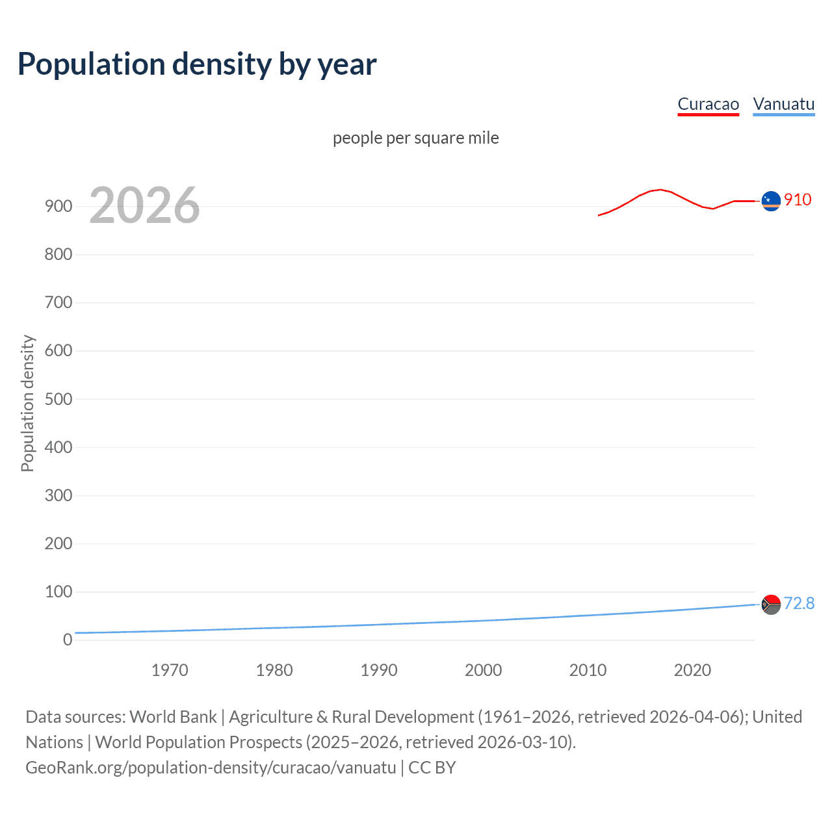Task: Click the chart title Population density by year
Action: click(x=197, y=64)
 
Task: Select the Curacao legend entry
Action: click(x=708, y=104)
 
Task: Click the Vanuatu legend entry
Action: click(x=783, y=104)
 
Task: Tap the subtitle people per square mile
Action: click(x=415, y=138)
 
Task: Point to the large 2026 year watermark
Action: click(x=144, y=205)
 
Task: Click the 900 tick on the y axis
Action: click(x=58, y=207)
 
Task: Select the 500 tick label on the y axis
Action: click(x=58, y=399)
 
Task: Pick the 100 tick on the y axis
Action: click(x=58, y=591)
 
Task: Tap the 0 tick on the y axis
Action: click(x=67, y=640)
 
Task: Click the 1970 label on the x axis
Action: click(x=170, y=670)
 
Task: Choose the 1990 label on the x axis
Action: click(x=379, y=670)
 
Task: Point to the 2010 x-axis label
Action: click(x=588, y=670)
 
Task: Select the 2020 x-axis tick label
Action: click(x=692, y=670)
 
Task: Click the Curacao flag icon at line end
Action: click(x=771, y=201)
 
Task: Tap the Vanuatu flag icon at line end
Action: click(x=771, y=604)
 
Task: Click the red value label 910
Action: click(x=798, y=200)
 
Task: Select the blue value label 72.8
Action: click(x=799, y=604)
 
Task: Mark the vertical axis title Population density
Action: click(x=27, y=403)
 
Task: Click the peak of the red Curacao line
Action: click(x=660, y=190)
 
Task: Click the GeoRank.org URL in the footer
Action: click(x=211, y=768)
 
